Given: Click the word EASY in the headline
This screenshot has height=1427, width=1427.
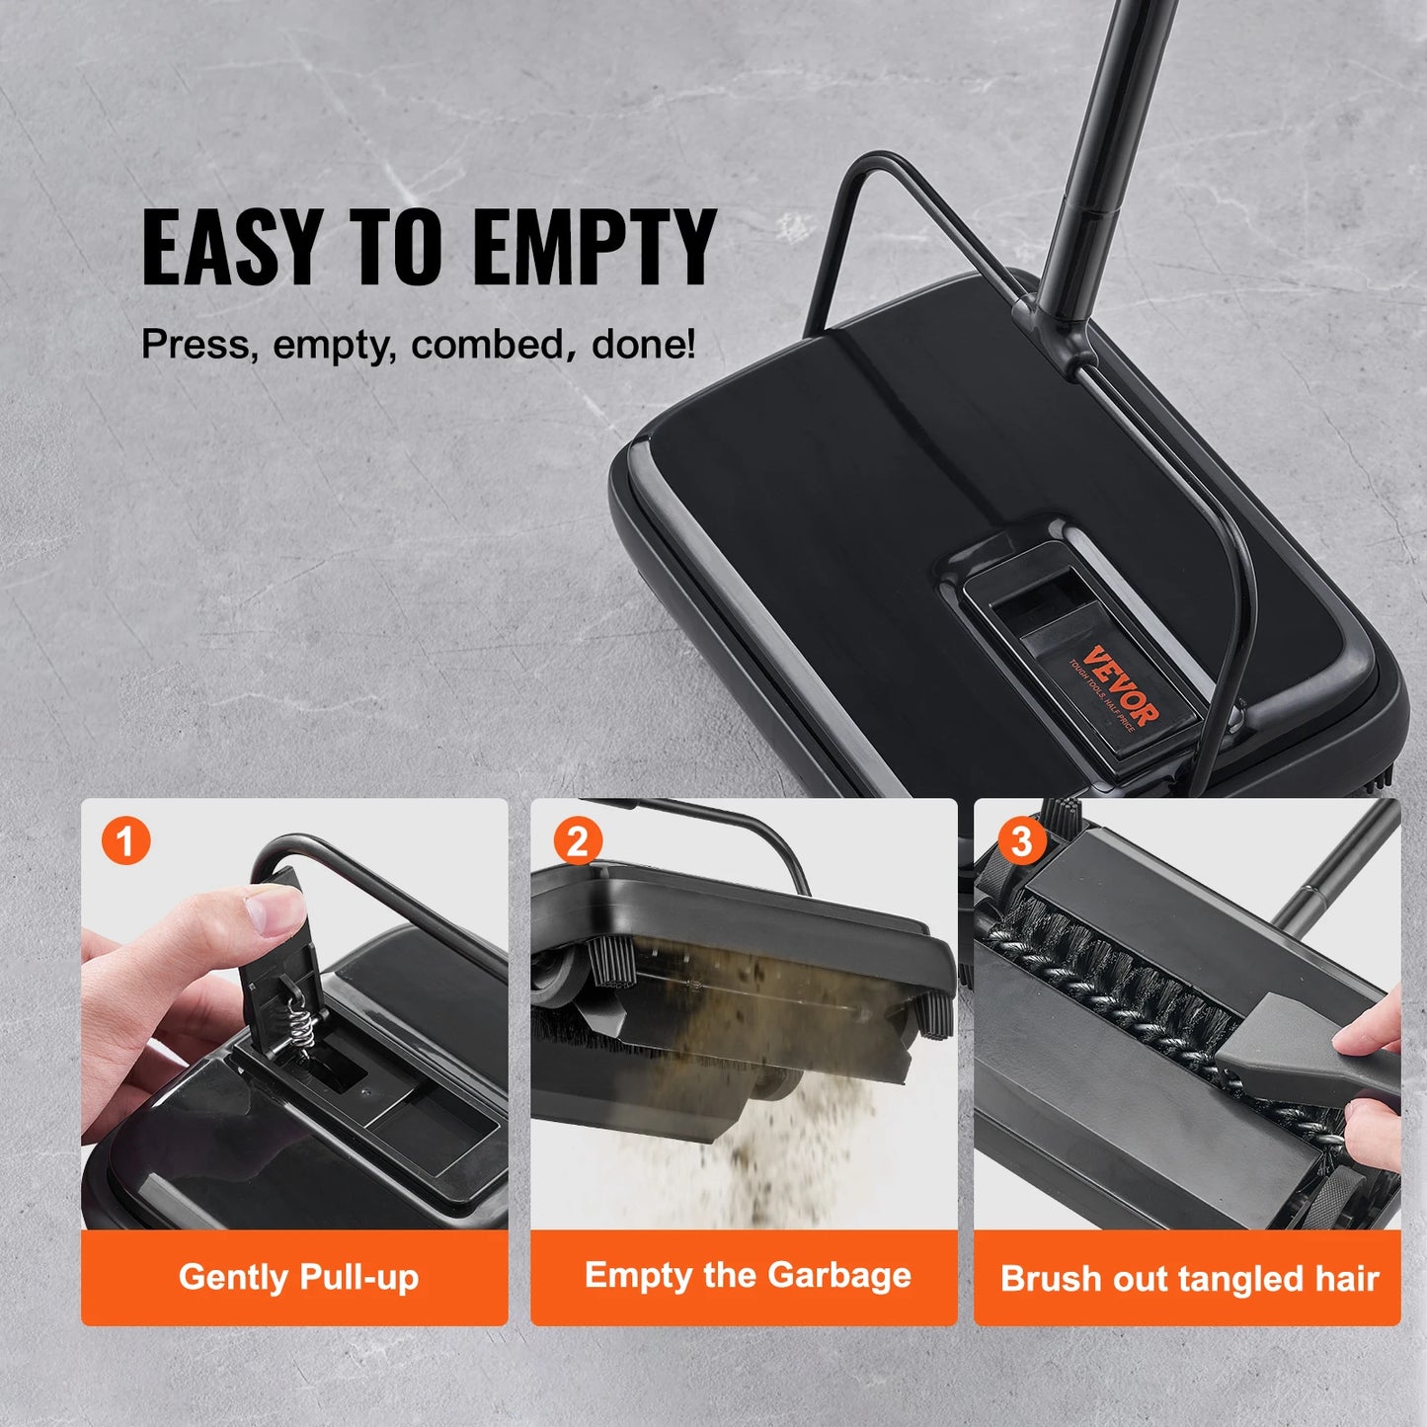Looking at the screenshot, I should [x=231, y=247].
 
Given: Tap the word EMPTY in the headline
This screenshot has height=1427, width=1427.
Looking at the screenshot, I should [x=595, y=247].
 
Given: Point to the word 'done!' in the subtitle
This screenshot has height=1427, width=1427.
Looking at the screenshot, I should [x=644, y=345].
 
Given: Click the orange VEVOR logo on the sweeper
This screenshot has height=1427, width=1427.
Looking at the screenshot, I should [x=1119, y=684].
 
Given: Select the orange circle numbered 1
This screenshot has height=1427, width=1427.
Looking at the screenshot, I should [x=125, y=841].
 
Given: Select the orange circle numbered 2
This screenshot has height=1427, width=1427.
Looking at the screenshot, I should [x=577, y=841].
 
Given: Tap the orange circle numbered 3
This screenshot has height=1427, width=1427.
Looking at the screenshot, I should [x=1021, y=841].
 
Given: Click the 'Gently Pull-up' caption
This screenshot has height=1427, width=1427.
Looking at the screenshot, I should [x=298, y=1277].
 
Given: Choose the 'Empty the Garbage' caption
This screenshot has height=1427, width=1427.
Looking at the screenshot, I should [x=747, y=1275].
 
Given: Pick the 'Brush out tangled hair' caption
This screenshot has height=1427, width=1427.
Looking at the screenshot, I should [x=1189, y=1279].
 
